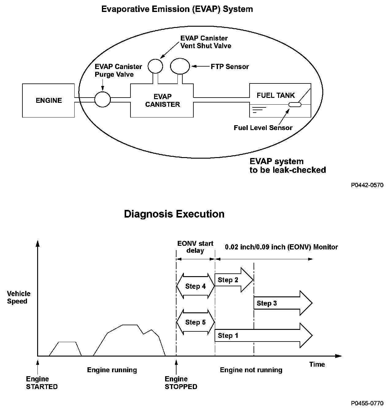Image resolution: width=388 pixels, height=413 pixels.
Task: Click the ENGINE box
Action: [x=49, y=100]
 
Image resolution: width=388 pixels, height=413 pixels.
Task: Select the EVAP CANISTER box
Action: [x=162, y=101]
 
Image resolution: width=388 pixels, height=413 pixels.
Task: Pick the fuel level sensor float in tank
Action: [x=295, y=105]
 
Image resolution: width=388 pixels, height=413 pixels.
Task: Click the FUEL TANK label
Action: [x=276, y=95]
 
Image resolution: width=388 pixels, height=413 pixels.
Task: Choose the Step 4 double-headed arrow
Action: [x=196, y=286]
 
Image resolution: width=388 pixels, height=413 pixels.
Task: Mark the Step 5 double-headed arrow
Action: [x=196, y=322]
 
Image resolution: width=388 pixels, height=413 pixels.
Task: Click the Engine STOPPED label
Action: [x=181, y=383]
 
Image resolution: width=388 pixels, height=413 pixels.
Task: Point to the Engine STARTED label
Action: [x=42, y=383]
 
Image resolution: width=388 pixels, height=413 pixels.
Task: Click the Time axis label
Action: [x=317, y=364]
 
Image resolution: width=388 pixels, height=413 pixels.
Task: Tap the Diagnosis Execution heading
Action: [x=174, y=214]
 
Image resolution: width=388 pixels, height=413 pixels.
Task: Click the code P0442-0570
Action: [x=367, y=185]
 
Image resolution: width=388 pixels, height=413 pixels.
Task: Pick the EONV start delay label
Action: [x=195, y=247]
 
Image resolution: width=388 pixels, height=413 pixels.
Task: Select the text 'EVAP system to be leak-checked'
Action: [x=288, y=166]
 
